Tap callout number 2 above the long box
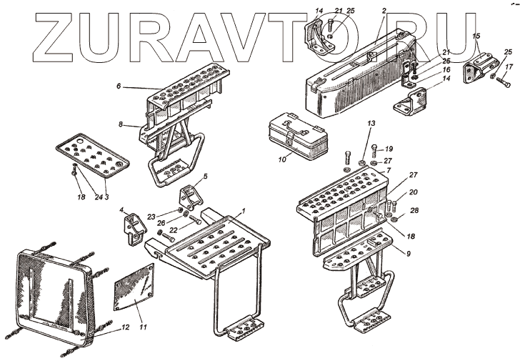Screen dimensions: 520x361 [384, 11]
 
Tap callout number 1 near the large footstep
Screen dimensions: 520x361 [244, 211]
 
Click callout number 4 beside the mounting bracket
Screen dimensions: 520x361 [121, 210]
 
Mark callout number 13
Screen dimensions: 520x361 [371, 124]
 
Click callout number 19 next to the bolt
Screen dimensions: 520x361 [389, 149]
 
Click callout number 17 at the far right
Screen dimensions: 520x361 [509, 68]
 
